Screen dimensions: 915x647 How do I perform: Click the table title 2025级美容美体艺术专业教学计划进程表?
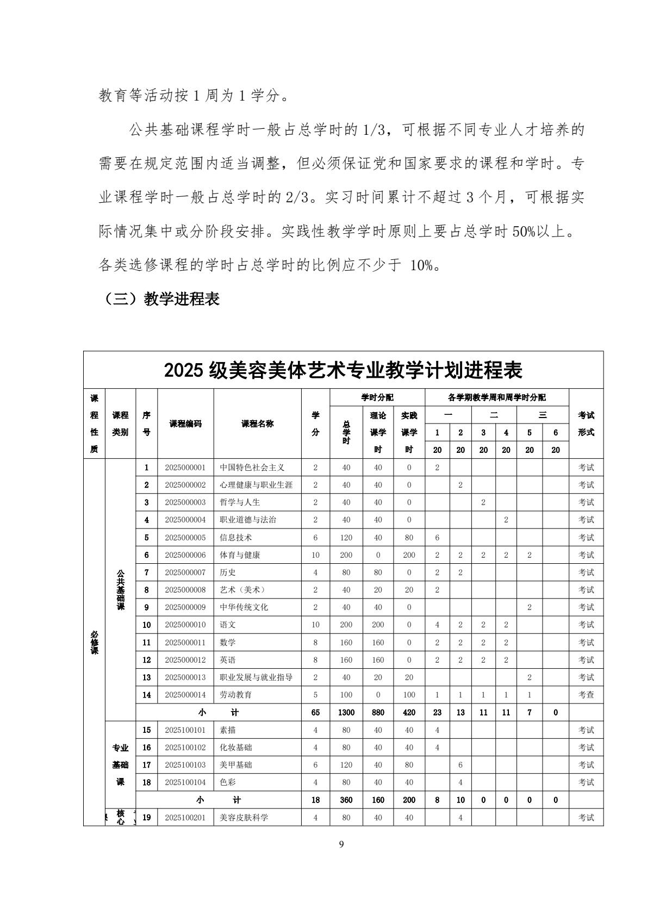click(x=343, y=370)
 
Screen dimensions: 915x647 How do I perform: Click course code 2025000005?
click(x=185, y=538)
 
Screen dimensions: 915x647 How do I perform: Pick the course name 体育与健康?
click(x=240, y=555)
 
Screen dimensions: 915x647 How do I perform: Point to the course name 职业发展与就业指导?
click(x=256, y=677)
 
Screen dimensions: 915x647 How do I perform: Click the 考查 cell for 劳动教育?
click(x=586, y=695)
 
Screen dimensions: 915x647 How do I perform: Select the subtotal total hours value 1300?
click(x=346, y=712)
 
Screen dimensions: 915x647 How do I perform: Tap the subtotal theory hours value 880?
click(x=378, y=712)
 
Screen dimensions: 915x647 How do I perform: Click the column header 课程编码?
click(x=185, y=424)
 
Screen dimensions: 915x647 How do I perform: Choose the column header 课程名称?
click(x=257, y=424)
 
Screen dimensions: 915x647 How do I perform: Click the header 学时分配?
click(x=377, y=397)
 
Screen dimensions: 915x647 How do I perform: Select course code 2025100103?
click(x=185, y=765)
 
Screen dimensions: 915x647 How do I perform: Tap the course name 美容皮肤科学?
click(x=244, y=817)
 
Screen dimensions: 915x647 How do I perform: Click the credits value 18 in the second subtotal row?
click(x=315, y=800)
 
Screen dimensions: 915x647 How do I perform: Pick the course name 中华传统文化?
click(x=244, y=607)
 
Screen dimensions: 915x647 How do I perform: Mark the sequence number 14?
click(x=146, y=695)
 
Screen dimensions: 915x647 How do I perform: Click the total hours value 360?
click(x=346, y=800)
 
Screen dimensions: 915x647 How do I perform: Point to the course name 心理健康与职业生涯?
click(x=256, y=485)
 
